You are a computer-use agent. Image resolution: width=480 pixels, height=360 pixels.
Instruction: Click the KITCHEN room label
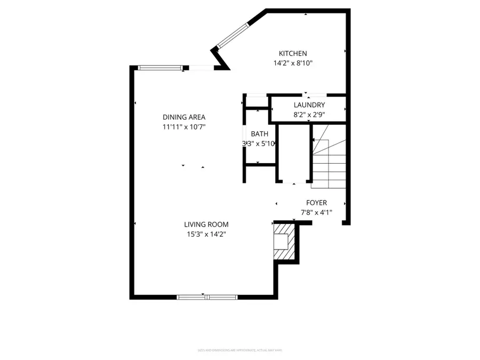pyautogui.click(x=293, y=53)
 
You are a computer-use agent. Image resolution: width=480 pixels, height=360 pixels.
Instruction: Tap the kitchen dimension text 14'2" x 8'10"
pyautogui.click(x=293, y=63)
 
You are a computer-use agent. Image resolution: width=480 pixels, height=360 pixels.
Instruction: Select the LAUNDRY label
pyautogui.click(x=309, y=105)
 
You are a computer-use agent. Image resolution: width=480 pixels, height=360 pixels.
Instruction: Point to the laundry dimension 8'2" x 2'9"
pyautogui.click(x=309, y=114)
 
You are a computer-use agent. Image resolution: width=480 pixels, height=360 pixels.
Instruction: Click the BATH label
pyautogui.click(x=260, y=134)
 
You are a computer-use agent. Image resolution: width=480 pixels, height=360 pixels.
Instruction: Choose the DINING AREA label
pyautogui.click(x=184, y=117)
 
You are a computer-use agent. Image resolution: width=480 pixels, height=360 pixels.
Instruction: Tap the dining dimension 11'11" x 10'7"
pyautogui.click(x=184, y=127)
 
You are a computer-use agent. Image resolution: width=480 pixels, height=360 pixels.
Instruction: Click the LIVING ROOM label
pyautogui.click(x=206, y=225)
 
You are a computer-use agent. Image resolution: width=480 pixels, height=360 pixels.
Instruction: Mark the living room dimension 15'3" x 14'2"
pyautogui.click(x=206, y=234)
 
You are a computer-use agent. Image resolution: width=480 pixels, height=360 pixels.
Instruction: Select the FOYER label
pyautogui.click(x=316, y=203)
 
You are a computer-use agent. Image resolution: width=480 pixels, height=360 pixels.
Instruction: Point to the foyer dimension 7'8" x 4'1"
pyautogui.click(x=316, y=212)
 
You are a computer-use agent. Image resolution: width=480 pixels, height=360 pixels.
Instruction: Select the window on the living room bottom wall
pyautogui.click(x=207, y=297)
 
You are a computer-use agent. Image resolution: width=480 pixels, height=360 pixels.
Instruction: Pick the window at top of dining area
pyautogui.click(x=160, y=67)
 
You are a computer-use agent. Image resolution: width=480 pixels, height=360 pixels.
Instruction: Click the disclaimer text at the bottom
pyautogui.click(x=239, y=350)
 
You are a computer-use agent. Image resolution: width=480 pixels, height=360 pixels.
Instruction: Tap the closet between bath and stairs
pyautogui.click(x=293, y=155)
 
